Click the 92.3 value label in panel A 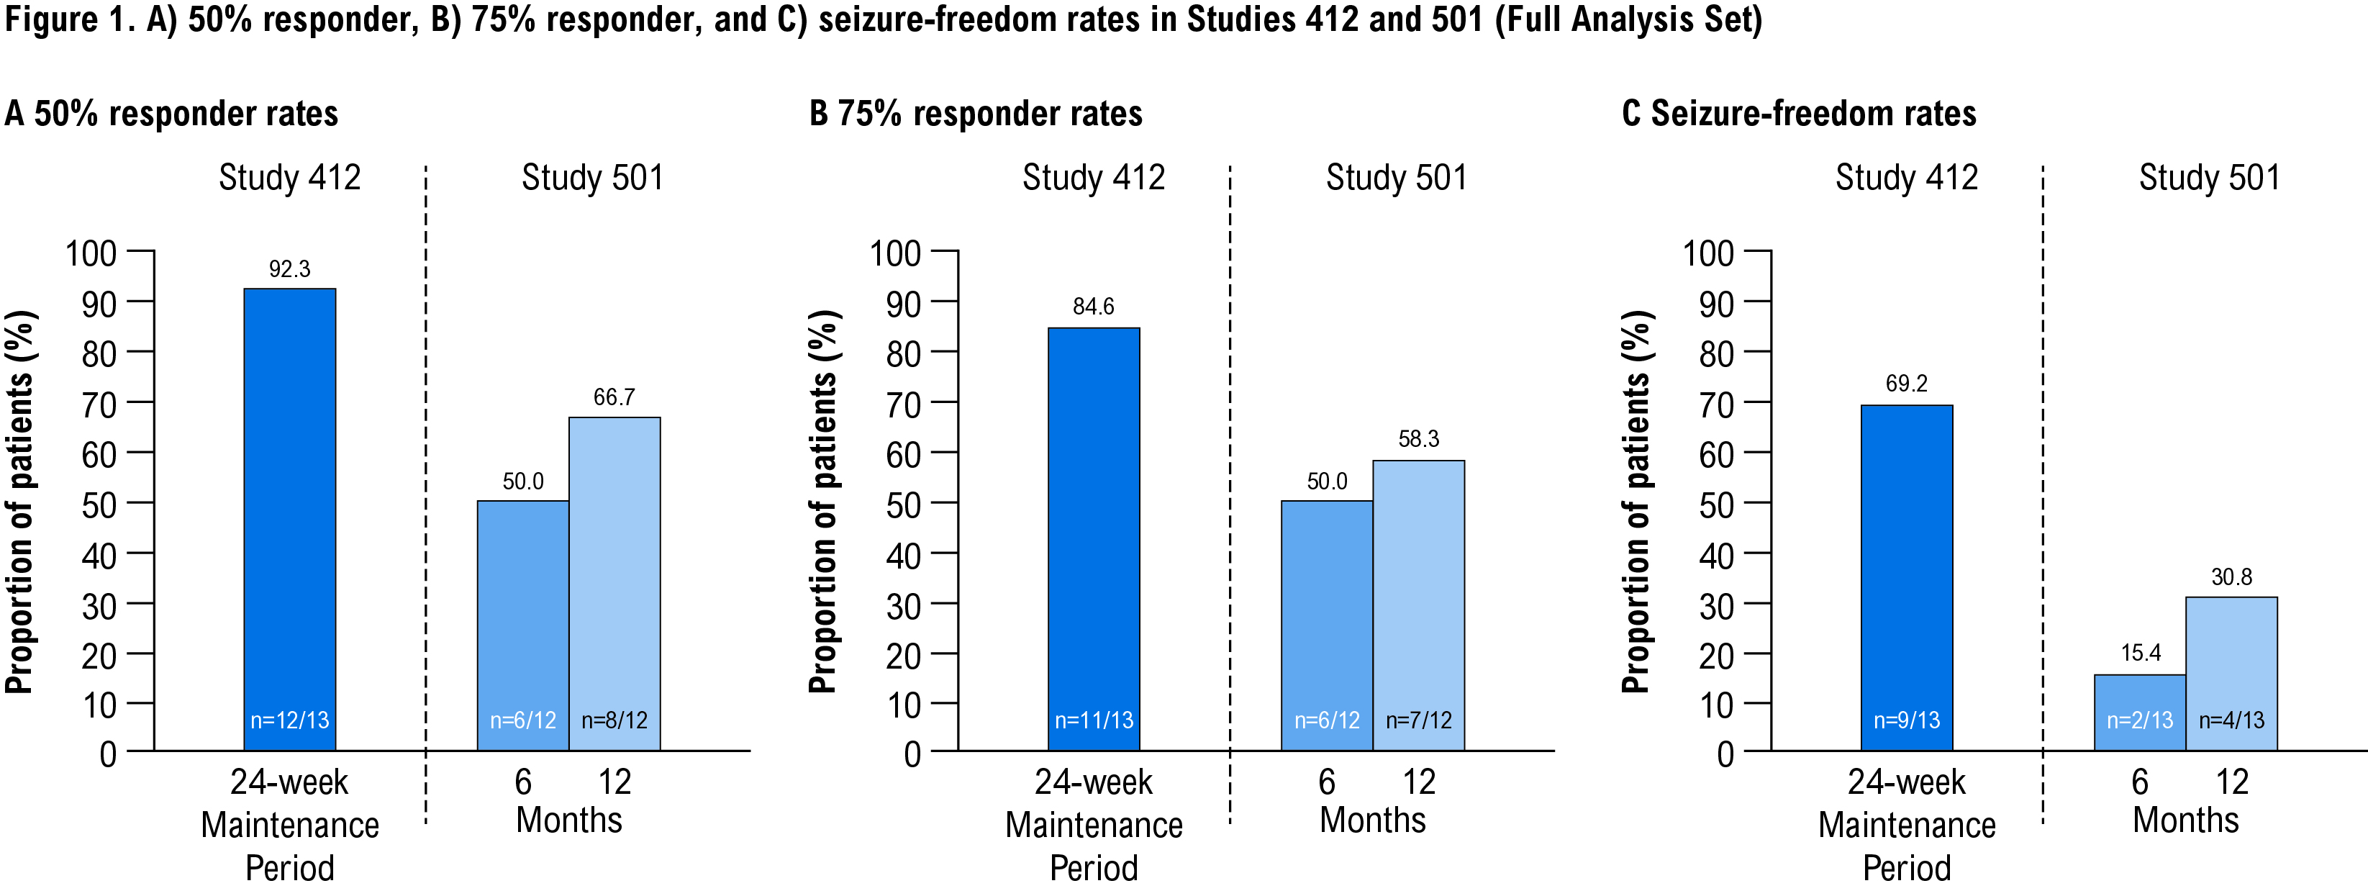289,269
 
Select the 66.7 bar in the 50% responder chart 614,579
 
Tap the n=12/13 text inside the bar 289,720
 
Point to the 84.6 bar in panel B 1094,533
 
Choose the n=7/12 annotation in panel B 1418,720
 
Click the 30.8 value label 2231,577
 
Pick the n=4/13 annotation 2231,720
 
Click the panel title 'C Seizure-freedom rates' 1799,114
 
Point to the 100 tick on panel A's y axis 91,253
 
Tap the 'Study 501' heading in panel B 1397,178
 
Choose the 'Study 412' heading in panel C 1907,178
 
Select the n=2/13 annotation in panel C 2140,720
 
